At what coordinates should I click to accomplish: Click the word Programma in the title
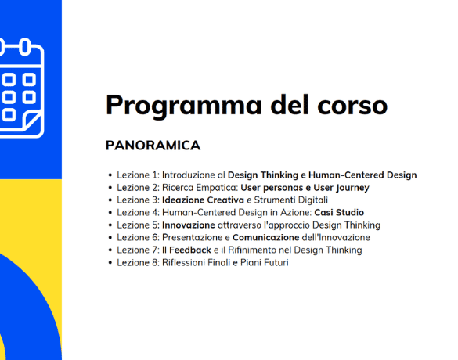point(184,106)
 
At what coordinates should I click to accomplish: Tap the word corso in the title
point(352,106)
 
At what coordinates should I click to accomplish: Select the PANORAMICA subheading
point(153,146)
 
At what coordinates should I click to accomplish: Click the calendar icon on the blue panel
point(21,88)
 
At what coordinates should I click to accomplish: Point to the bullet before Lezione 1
point(110,175)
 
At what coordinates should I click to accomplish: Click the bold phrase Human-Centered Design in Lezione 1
point(362,175)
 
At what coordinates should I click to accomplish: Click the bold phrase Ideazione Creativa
point(203,200)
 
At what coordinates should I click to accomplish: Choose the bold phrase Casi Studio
point(339,213)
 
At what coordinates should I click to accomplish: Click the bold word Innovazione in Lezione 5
point(189,225)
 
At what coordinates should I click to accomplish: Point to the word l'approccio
point(287,225)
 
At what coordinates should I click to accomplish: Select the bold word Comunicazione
point(266,238)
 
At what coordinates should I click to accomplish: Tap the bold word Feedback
point(190,250)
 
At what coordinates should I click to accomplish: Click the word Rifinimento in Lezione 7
point(252,250)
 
